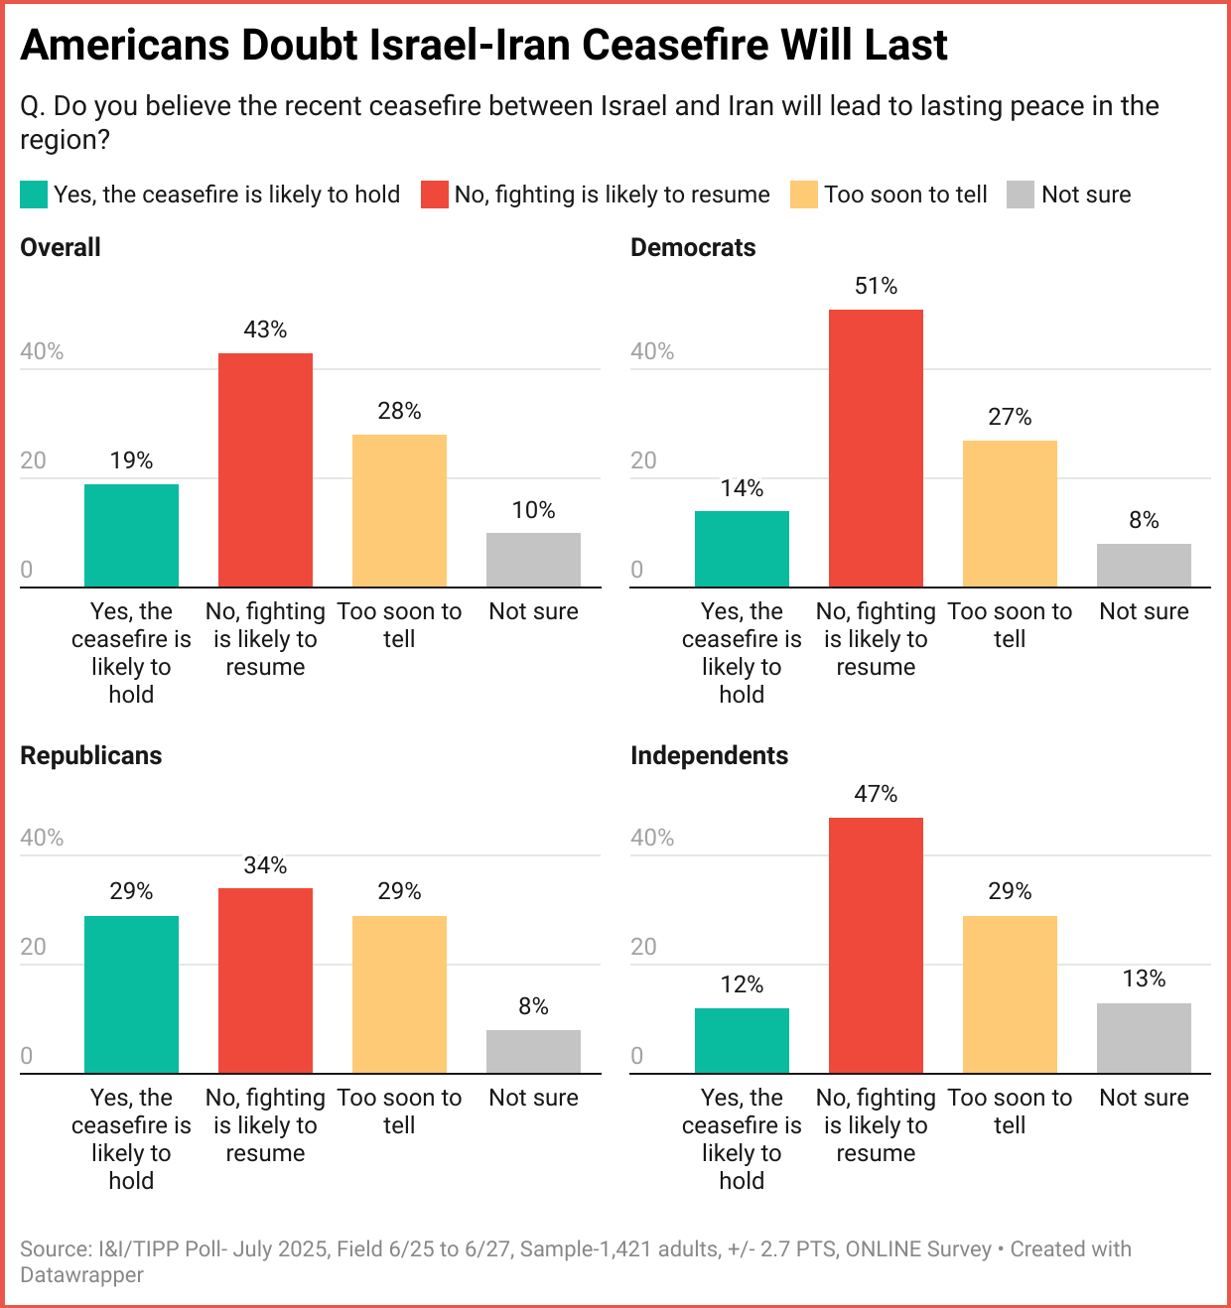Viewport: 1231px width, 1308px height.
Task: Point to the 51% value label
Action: (876, 286)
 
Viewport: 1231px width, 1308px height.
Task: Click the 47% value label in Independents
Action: (876, 794)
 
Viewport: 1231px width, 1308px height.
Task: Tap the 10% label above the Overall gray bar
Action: (533, 510)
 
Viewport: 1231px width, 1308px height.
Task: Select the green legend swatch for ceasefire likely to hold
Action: (34, 195)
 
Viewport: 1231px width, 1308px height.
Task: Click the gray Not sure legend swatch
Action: (1021, 195)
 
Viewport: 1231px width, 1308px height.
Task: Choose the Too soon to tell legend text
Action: (905, 195)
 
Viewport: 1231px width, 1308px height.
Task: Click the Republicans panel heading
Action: (91, 755)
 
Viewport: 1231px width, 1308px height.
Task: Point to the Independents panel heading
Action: (709, 755)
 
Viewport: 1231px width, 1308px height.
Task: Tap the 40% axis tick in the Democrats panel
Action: (652, 351)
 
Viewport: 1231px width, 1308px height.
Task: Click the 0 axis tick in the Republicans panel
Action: (27, 1056)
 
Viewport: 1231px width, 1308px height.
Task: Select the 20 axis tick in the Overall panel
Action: (34, 460)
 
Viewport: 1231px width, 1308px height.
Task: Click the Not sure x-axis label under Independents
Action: (1144, 1098)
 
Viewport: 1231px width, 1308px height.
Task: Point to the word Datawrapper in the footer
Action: (81, 1275)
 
